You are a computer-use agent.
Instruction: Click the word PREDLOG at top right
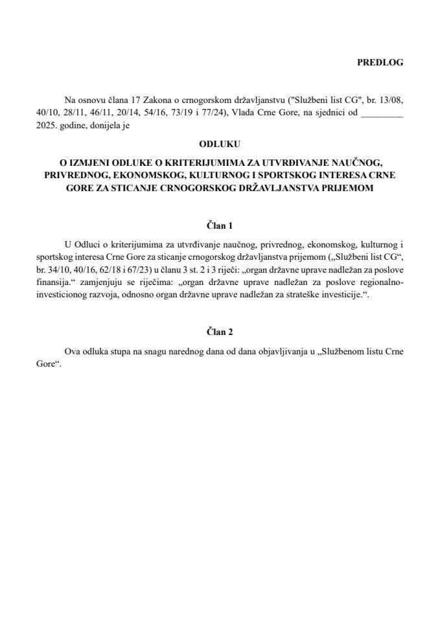(380, 62)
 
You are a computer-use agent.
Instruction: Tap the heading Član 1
(220, 225)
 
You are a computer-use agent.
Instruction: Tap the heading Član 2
(220, 332)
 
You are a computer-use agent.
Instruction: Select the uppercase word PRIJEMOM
(356, 187)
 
